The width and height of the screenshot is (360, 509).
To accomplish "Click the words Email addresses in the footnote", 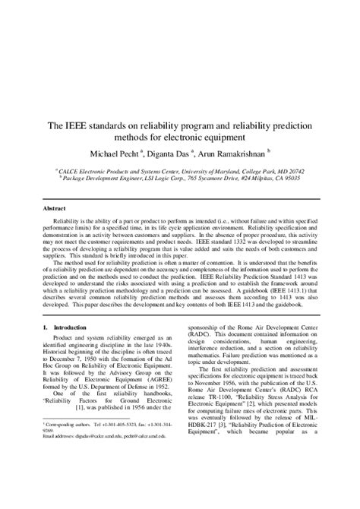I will pyautogui.click(x=43, y=478).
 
